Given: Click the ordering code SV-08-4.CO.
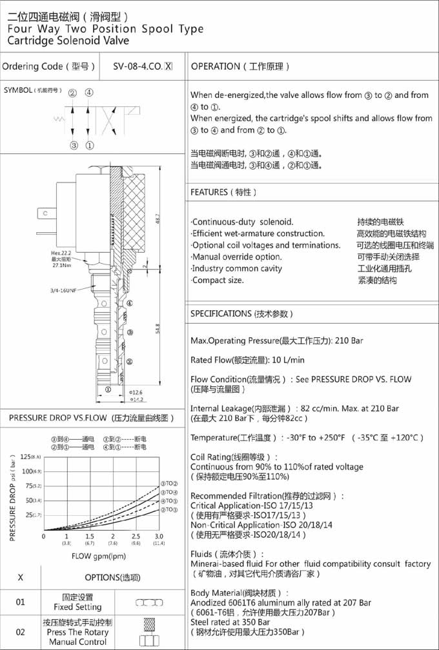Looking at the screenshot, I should (138, 66).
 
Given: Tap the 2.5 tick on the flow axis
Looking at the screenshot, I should (136, 537).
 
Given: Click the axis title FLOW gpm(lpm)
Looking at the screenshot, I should (99, 555).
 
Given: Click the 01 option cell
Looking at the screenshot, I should (21, 602).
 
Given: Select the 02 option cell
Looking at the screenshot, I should (21, 632).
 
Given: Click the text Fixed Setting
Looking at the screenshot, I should (77, 607).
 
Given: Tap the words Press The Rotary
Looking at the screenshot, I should (77, 632).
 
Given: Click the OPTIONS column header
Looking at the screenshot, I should (112, 577).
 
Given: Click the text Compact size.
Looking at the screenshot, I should (218, 280).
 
